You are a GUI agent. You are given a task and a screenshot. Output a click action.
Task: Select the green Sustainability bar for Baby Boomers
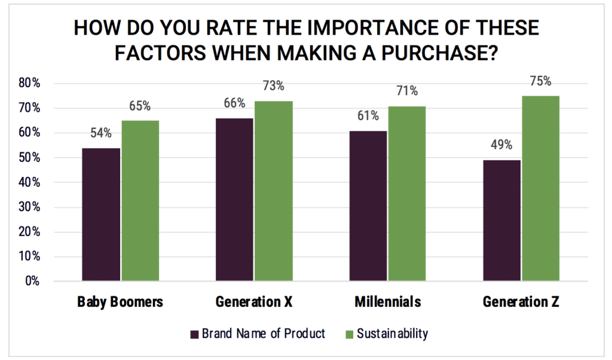coord(140,200)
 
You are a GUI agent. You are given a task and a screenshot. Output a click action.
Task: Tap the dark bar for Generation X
coord(234,199)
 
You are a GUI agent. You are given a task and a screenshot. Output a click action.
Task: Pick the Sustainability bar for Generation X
coord(274,191)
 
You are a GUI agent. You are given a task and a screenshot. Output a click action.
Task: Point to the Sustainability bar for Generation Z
coord(541,188)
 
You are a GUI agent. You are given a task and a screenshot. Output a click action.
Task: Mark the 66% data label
coord(234,103)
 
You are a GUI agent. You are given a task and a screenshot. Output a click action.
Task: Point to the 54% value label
coord(101,133)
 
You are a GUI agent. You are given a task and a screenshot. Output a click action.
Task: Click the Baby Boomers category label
coord(120,302)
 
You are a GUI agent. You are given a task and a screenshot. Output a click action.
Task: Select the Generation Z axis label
coord(521,302)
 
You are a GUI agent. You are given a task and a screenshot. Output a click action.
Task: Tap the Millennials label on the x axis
coord(387,302)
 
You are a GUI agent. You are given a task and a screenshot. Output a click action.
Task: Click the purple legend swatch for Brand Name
coord(193,334)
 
